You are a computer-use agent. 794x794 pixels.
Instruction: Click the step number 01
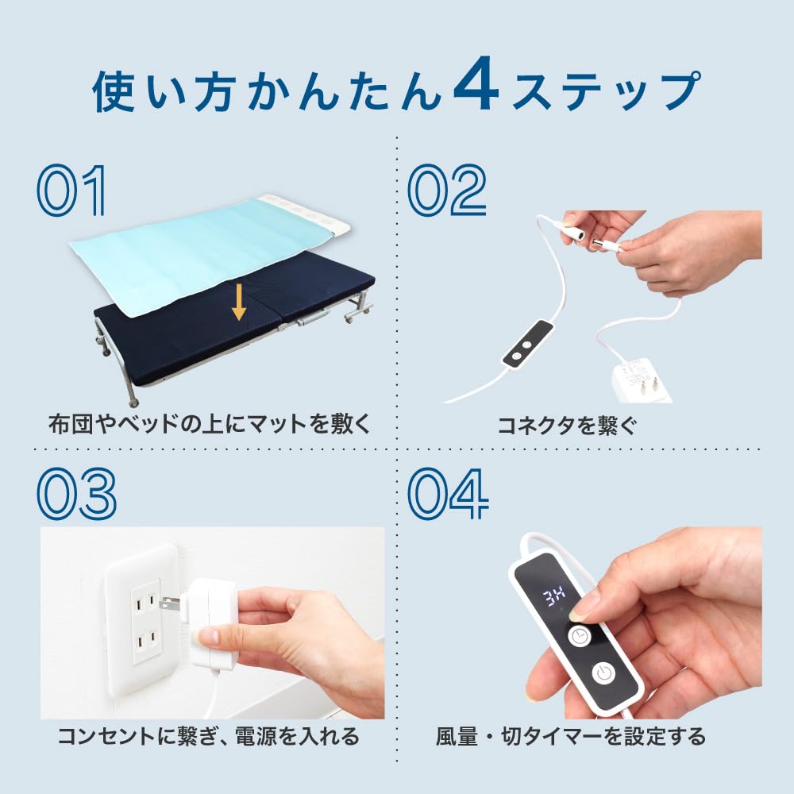tap(71, 191)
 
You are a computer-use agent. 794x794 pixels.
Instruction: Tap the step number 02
tap(446, 191)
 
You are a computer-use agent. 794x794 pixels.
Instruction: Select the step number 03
tap(76, 494)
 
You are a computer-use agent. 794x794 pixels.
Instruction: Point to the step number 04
tap(448, 494)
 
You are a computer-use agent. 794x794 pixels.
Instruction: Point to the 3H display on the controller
tap(554, 598)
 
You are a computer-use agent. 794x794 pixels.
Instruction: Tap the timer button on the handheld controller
tap(580, 635)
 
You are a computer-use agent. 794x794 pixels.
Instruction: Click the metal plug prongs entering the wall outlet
tap(170, 604)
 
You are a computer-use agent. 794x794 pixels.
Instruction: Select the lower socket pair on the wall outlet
tap(145, 641)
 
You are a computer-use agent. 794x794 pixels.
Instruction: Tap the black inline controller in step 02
tap(526, 344)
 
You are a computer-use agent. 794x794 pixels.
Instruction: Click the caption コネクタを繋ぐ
tap(566, 426)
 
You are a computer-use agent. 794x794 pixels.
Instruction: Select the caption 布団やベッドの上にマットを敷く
tap(210, 423)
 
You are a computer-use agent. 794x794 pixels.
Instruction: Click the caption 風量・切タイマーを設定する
tap(571, 736)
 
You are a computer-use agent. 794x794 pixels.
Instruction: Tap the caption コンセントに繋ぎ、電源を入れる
tap(209, 736)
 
